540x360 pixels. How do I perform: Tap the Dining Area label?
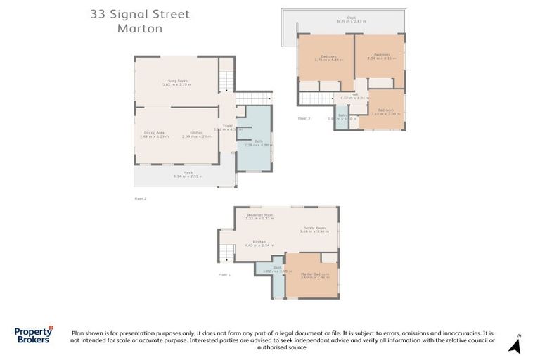point(154,134)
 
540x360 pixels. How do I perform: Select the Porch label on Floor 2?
point(188,174)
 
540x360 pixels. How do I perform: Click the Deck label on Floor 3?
point(342,18)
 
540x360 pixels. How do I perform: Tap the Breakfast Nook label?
point(259,216)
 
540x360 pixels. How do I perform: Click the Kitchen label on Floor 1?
point(255,243)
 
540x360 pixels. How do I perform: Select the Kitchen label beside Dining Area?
point(196,134)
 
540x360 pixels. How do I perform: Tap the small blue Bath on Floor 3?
point(342,117)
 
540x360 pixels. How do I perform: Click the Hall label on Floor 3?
point(354,95)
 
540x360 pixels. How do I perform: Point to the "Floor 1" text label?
point(224,274)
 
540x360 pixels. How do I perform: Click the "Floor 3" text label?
point(304,118)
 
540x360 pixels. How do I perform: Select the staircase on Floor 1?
point(226,246)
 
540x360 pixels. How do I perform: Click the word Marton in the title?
point(139,29)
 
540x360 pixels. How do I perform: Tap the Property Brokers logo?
point(33,335)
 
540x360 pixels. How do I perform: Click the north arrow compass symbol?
point(515,345)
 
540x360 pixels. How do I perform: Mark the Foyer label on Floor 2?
point(228,127)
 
